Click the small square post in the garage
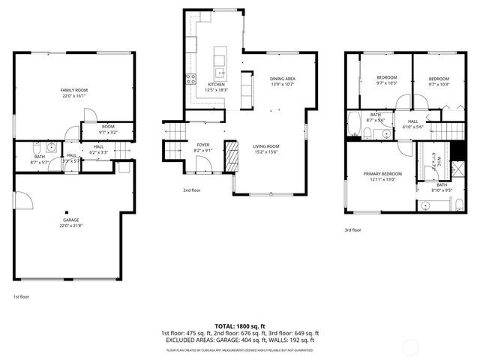click(x=67, y=211)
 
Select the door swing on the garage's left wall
click(x=22, y=199)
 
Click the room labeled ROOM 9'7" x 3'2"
click(x=108, y=129)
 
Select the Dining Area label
click(x=282, y=78)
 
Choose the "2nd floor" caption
click(x=192, y=190)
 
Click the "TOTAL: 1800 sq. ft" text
click(x=240, y=326)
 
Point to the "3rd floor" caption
click(x=352, y=230)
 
